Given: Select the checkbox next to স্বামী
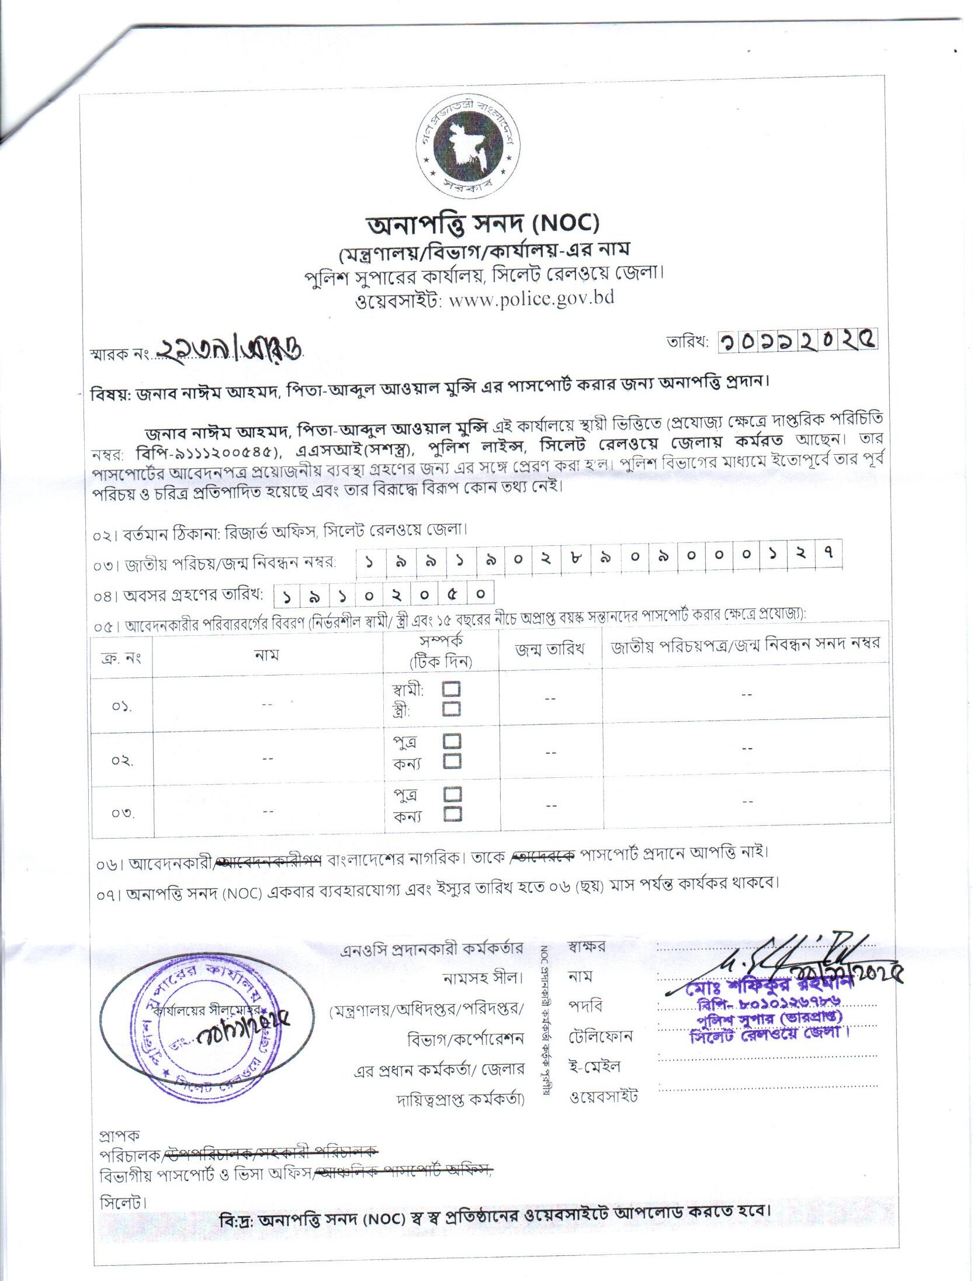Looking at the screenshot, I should click(451, 690).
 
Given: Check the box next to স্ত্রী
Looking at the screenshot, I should click(451, 709).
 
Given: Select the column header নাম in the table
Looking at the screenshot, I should click(267, 655).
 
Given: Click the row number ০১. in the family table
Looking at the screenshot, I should click(122, 707).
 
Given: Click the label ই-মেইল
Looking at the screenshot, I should click(594, 1065).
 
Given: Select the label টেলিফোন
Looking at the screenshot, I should click(601, 1036).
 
